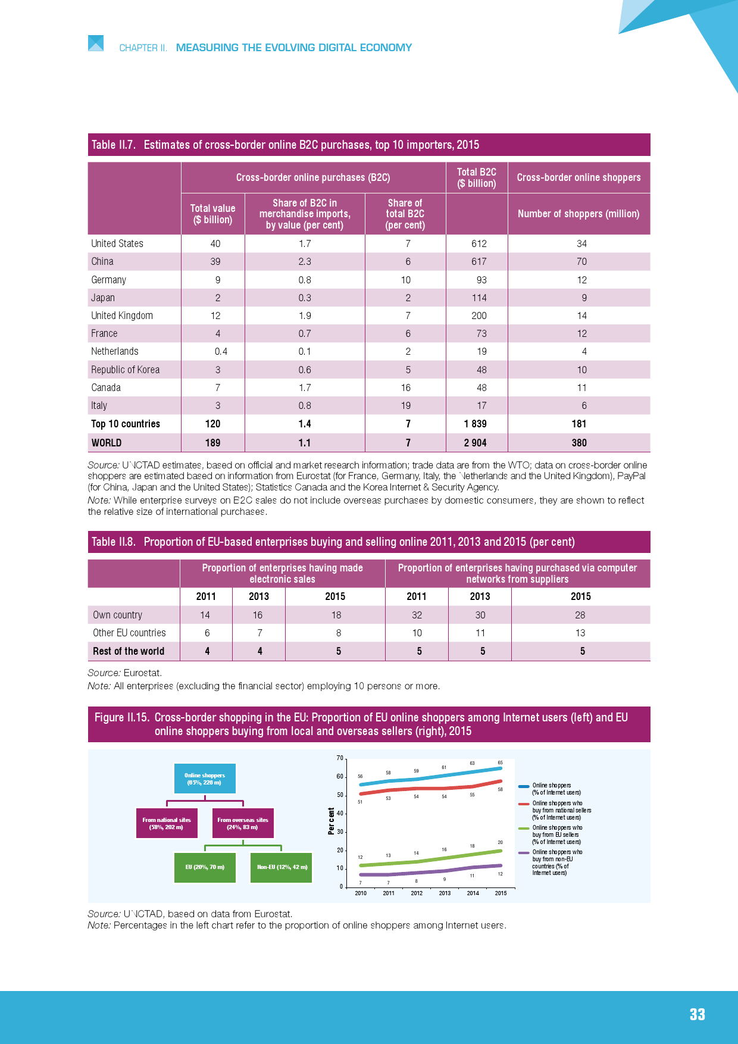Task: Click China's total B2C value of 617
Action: (x=479, y=261)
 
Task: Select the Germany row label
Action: (x=108, y=280)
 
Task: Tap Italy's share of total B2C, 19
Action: (x=405, y=405)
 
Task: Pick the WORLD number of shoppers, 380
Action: (x=578, y=443)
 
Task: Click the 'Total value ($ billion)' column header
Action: (x=212, y=214)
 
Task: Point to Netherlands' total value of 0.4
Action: (x=221, y=351)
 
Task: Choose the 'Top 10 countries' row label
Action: (x=126, y=424)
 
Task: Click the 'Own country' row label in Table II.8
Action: (x=117, y=615)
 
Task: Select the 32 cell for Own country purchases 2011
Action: (x=417, y=615)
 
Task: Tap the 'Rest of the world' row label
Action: (x=128, y=651)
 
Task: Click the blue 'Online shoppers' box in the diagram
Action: (x=205, y=779)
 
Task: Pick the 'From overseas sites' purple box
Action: (x=243, y=823)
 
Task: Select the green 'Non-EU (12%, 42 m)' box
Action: (x=282, y=867)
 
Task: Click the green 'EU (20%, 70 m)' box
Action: (x=205, y=867)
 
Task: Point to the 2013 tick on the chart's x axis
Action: (x=445, y=893)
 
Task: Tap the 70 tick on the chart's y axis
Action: (x=340, y=758)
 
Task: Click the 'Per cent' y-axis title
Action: (x=331, y=821)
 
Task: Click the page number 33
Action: (x=697, y=1015)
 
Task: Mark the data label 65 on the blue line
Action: (x=501, y=762)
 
